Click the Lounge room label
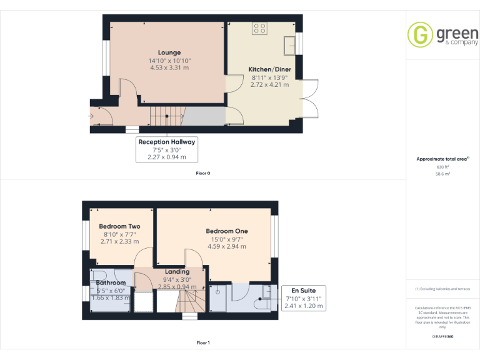coord(169,52)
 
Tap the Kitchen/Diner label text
coord(269,69)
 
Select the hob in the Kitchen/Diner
coord(260,28)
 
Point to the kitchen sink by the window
coord(289,44)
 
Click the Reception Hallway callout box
coord(167,149)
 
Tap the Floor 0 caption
coord(202,172)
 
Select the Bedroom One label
coord(227,231)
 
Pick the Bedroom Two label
coord(119,226)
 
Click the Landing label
coord(177,272)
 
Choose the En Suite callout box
coord(304,298)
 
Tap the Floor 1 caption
coord(202,342)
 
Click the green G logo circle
coord(420,34)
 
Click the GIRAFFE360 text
coord(442,336)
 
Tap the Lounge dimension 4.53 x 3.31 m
coord(169,67)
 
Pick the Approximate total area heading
coord(442,159)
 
